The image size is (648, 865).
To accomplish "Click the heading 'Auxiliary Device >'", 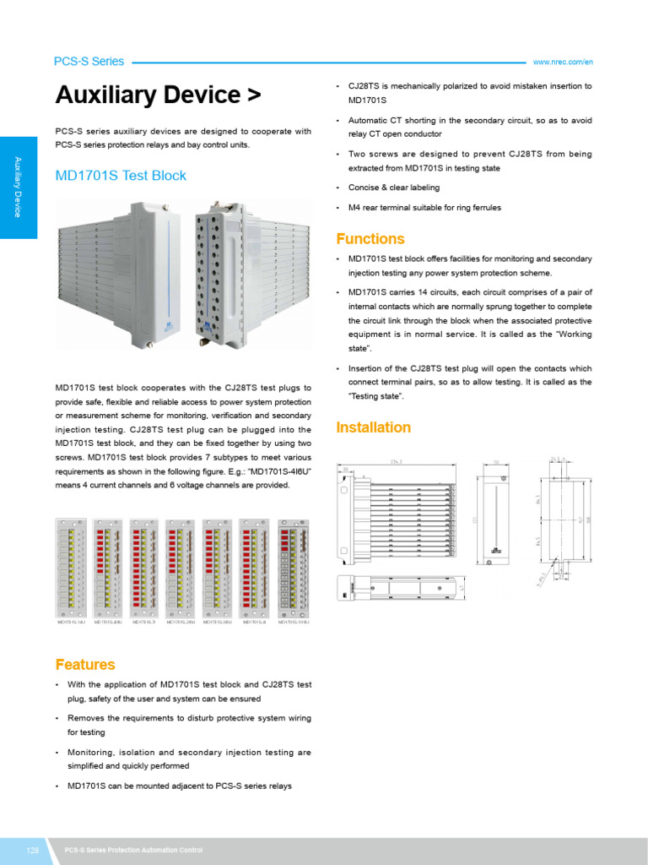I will click(158, 95).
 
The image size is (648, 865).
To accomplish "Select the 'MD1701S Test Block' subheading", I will click(121, 176).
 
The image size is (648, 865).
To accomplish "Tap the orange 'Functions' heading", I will click(370, 239).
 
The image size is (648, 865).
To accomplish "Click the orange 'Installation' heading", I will click(374, 427).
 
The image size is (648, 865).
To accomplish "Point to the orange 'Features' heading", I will click(85, 665).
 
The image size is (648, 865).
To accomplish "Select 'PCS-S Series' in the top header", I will click(89, 62).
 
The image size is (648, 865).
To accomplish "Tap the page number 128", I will click(34, 850).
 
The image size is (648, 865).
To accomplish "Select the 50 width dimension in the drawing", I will click(496, 462).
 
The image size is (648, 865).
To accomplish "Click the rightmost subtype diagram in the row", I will click(294, 570).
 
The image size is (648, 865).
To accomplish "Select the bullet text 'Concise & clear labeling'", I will click(394, 188).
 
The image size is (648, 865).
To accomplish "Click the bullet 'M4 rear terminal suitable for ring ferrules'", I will click(424, 208).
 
